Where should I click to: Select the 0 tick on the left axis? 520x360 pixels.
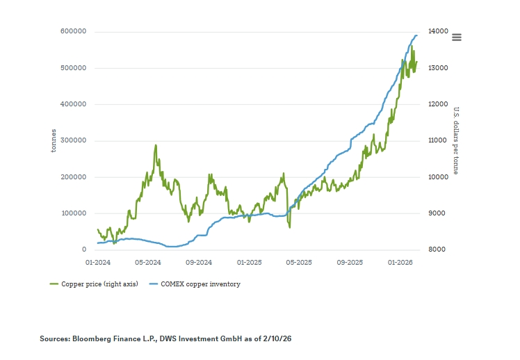tap(83, 249)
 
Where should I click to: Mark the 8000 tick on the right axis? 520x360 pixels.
tap(435, 249)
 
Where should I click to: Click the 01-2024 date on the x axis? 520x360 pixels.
tap(98, 263)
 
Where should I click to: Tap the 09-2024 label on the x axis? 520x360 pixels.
tap(199, 263)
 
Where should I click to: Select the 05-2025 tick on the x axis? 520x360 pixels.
tap(300, 263)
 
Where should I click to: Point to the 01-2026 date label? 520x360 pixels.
tap(400, 263)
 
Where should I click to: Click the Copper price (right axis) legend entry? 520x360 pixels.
tap(95, 284)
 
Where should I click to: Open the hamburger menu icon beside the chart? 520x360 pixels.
tap(457, 38)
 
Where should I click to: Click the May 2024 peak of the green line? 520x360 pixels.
tap(156, 145)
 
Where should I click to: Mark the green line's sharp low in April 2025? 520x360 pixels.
tap(290, 227)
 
